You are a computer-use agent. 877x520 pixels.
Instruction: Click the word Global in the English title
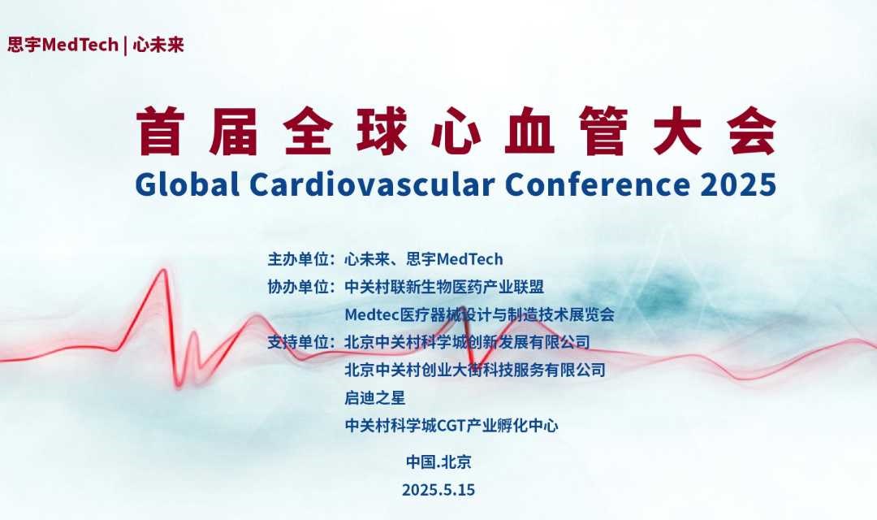pyautogui.click(x=188, y=184)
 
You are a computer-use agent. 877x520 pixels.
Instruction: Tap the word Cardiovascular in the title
pyautogui.click(x=372, y=184)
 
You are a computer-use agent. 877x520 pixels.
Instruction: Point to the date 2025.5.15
pyautogui.click(x=438, y=490)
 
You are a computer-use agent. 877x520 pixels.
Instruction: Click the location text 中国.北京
pyautogui.click(x=438, y=461)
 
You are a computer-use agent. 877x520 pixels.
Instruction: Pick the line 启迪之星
pyautogui.click(x=374, y=398)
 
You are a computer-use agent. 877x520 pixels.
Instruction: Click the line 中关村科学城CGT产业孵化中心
pyautogui.click(x=451, y=426)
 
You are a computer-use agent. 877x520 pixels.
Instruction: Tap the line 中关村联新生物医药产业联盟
pyautogui.click(x=444, y=287)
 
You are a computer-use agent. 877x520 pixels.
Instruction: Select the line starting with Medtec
pyautogui.click(x=479, y=314)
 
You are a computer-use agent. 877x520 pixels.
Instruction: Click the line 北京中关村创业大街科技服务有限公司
pyautogui.click(x=475, y=370)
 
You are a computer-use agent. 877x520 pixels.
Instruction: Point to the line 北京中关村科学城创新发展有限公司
pyautogui.click(x=467, y=342)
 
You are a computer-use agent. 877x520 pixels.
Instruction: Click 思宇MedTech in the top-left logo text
pyautogui.click(x=63, y=45)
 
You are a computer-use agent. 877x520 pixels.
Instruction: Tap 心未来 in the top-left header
pyautogui.click(x=158, y=45)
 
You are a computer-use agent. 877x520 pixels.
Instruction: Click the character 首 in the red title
pyautogui.click(x=161, y=131)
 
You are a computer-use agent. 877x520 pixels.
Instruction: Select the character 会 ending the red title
pyautogui.click(x=752, y=131)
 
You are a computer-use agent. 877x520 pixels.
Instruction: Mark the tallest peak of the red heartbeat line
pyautogui.click(x=164, y=271)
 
